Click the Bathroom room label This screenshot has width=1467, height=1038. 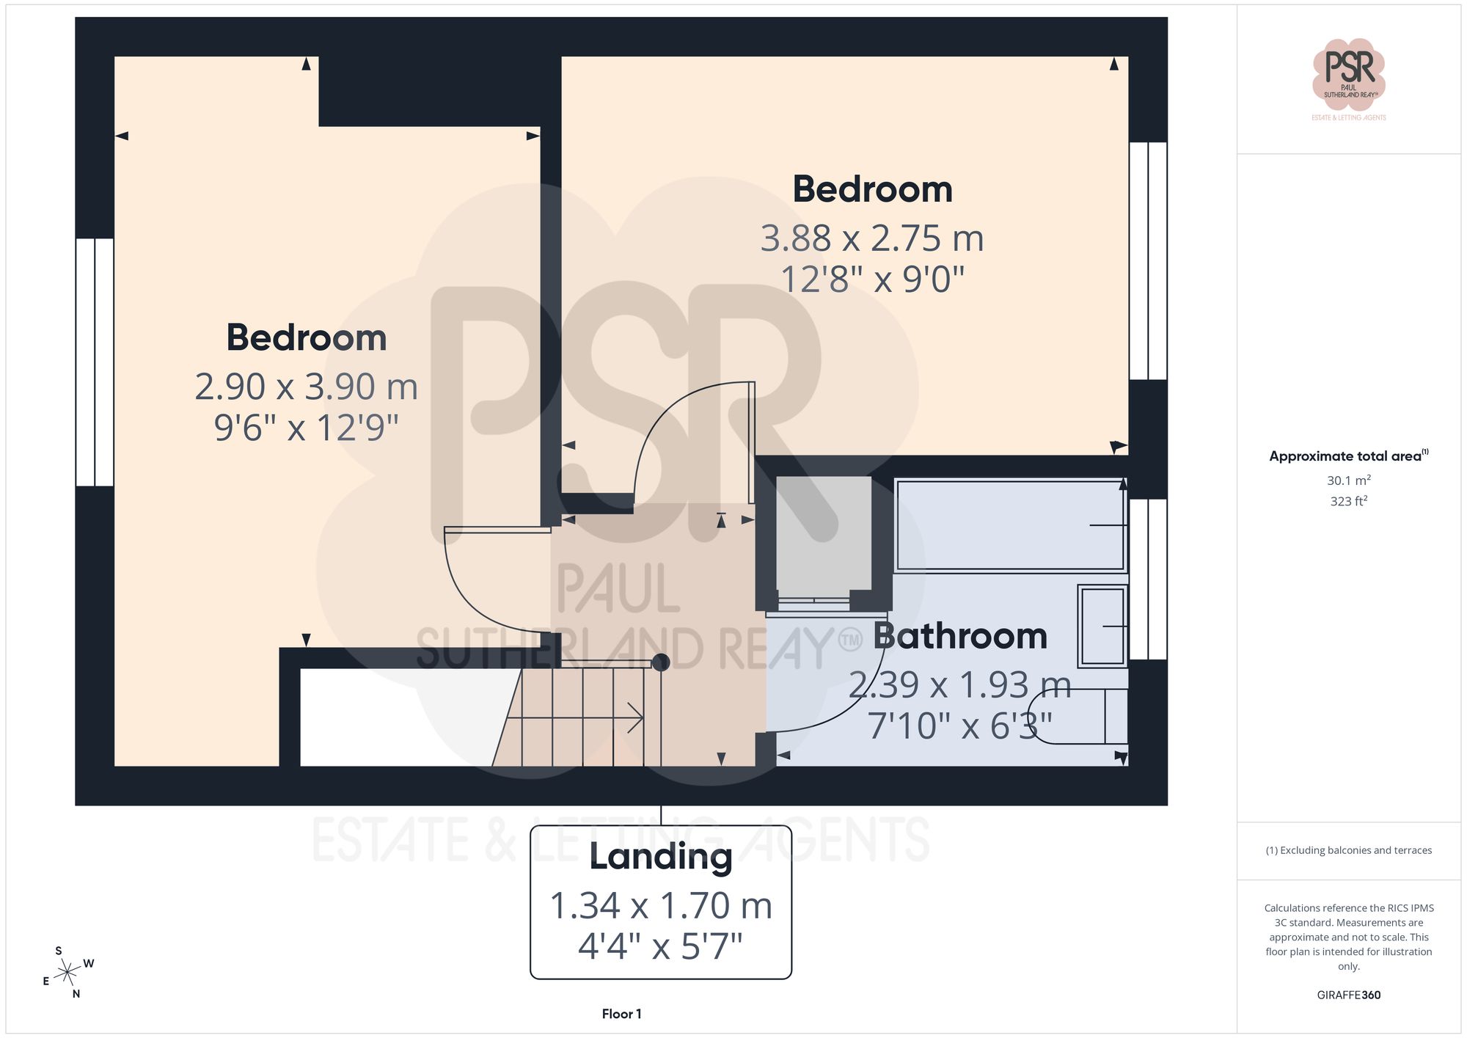click(959, 636)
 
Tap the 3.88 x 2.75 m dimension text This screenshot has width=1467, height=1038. click(871, 238)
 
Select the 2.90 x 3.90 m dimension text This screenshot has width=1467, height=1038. click(306, 387)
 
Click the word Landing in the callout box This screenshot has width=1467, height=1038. click(660, 857)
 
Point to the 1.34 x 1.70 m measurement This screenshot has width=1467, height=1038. click(660, 906)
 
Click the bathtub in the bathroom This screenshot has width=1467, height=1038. click(1009, 525)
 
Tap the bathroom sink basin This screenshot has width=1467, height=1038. click(1102, 626)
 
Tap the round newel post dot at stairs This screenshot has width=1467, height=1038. click(661, 662)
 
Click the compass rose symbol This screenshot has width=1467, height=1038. click(67, 973)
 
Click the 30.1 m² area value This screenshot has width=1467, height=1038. click(1348, 480)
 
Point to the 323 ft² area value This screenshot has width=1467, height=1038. click(1348, 502)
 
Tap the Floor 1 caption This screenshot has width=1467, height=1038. click(621, 1014)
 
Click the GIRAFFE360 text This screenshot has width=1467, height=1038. click(1348, 995)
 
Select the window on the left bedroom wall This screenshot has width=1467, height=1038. click(95, 362)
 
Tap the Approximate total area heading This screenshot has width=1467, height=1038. click(1348, 456)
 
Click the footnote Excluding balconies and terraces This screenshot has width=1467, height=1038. click(1348, 850)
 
